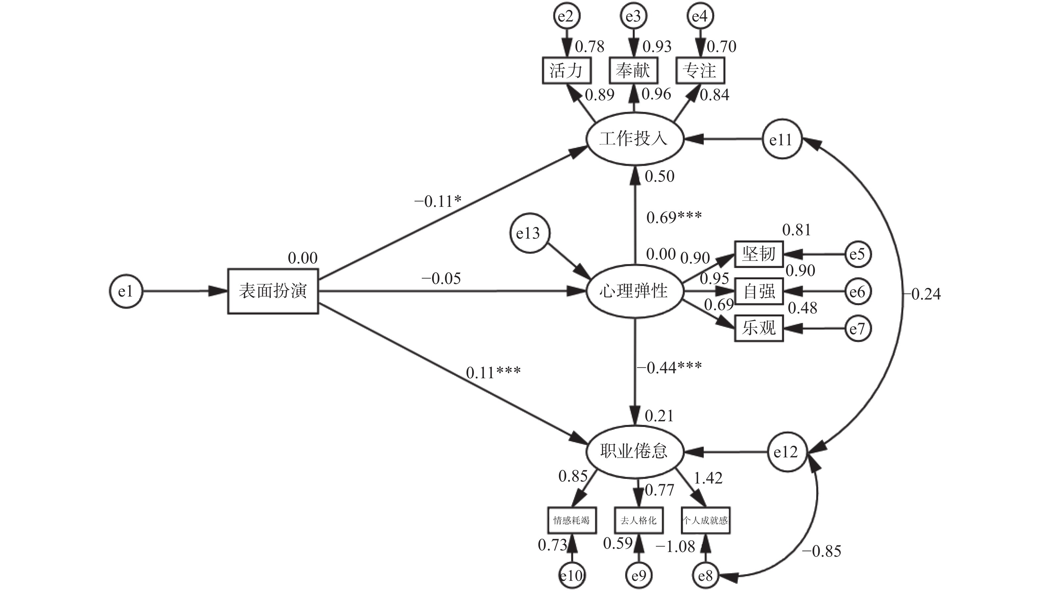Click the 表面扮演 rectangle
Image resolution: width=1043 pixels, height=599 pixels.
point(273,291)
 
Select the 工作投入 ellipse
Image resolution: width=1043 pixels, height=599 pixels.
point(634,139)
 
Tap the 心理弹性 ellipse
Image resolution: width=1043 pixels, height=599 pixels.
point(634,291)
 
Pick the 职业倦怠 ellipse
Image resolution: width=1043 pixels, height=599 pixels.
point(634,451)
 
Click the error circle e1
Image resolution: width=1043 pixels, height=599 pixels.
point(126,291)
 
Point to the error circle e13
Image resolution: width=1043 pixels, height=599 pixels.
point(528,233)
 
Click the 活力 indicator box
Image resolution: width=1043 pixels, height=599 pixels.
point(566,70)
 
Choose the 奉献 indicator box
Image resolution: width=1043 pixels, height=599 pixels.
point(633,70)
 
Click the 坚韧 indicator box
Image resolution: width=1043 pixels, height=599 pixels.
point(759,254)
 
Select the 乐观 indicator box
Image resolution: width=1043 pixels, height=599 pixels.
point(759,328)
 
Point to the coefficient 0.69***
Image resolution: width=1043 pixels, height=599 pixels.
point(674,217)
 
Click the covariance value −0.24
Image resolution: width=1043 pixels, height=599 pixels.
point(922,294)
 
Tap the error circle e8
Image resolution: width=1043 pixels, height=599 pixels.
point(705,576)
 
